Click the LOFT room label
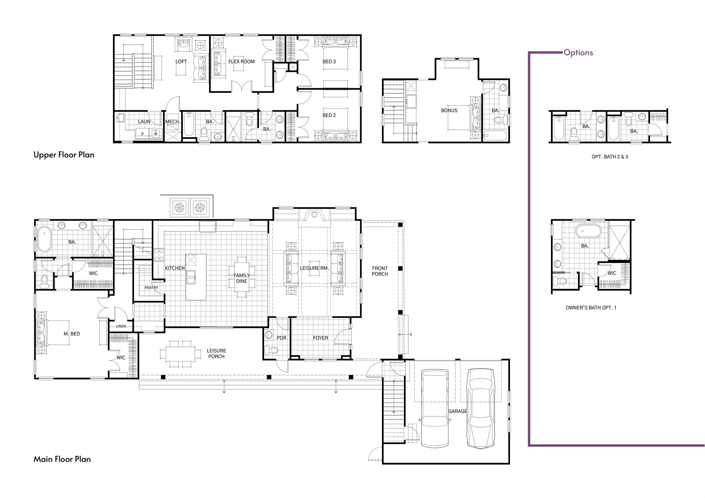pos(181,62)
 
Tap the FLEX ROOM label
pos(241,62)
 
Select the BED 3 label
pos(329,62)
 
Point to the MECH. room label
pos(173,122)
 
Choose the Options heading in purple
pos(578,53)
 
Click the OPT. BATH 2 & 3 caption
pos(610,157)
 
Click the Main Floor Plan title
pos(62,459)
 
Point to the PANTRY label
pos(151,288)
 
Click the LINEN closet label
pos(121,326)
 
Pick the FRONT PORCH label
pos(380,271)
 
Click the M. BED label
pos(72,334)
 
